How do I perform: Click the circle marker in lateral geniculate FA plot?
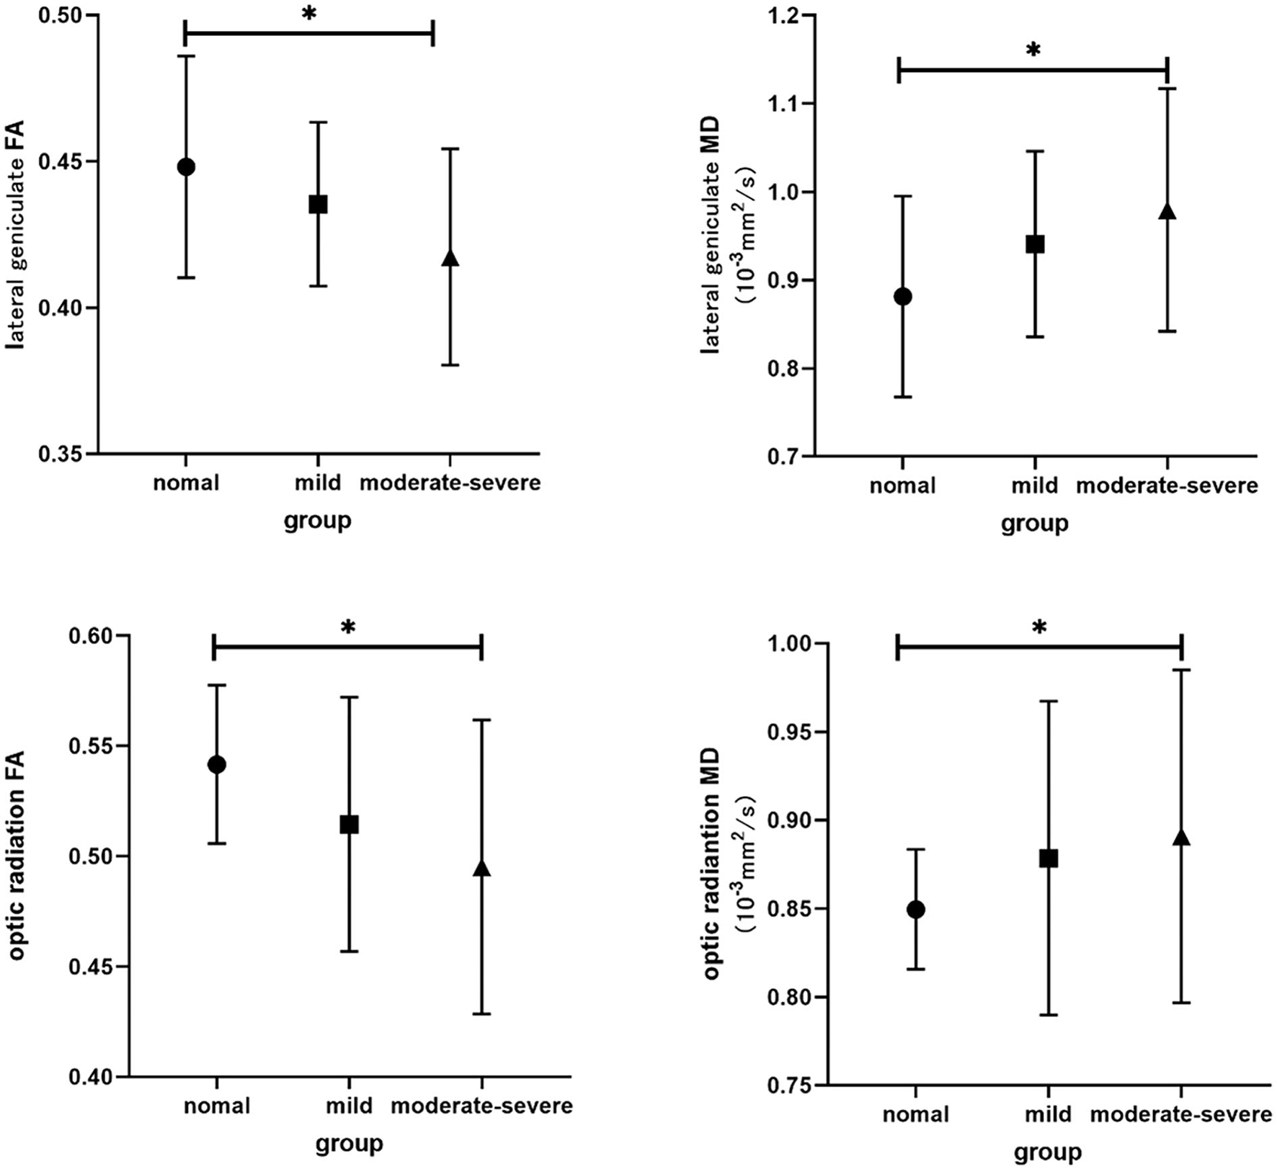[186, 167]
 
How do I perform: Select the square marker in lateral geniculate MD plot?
[1035, 244]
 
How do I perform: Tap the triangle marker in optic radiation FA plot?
[481, 869]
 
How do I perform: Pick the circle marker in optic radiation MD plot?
[916, 910]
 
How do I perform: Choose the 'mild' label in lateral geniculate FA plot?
[318, 482]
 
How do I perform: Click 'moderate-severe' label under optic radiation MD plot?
[1181, 1115]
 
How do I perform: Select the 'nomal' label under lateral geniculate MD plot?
[902, 485]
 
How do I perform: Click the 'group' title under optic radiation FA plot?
[349, 1143]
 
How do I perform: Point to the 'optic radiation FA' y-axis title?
[17, 856]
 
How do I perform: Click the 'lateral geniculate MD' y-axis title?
[713, 256]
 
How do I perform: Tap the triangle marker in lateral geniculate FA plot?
[450, 258]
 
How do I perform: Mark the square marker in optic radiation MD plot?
[1049, 859]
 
